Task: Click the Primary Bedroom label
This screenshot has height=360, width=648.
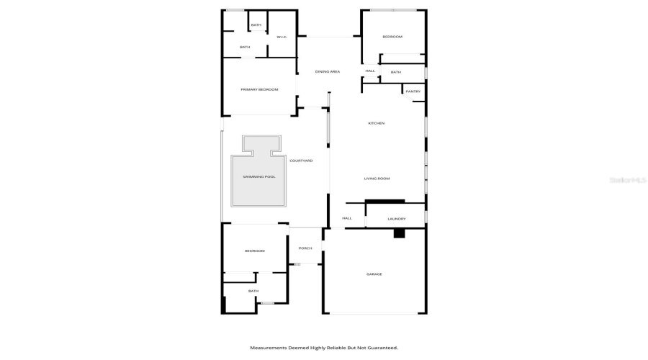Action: [x=259, y=89]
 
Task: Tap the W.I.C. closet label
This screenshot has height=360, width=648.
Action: [x=282, y=37]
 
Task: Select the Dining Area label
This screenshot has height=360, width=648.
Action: [x=327, y=71]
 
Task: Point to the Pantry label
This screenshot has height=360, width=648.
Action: [x=413, y=91]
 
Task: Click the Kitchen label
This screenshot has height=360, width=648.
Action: [x=377, y=123]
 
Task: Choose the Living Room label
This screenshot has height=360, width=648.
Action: [x=377, y=178]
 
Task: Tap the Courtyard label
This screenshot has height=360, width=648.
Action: [x=301, y=161]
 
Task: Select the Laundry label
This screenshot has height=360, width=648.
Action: [x=397, y=219]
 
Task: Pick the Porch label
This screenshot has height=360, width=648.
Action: [x=305, y=248]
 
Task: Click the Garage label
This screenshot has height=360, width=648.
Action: [x=374, y=274]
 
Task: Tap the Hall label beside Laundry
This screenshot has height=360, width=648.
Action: [x=346, y=218]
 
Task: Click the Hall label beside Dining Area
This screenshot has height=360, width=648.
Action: [x=370, y=71]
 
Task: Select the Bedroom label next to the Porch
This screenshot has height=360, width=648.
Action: [x=255, y=251]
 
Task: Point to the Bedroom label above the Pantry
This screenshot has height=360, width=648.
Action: [x=392, y=37]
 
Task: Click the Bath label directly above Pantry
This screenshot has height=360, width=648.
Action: [x=396, y=72]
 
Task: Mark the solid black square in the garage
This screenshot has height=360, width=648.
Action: [x=399, y=233]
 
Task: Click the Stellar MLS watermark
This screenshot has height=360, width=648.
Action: [x=626, y=179]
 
